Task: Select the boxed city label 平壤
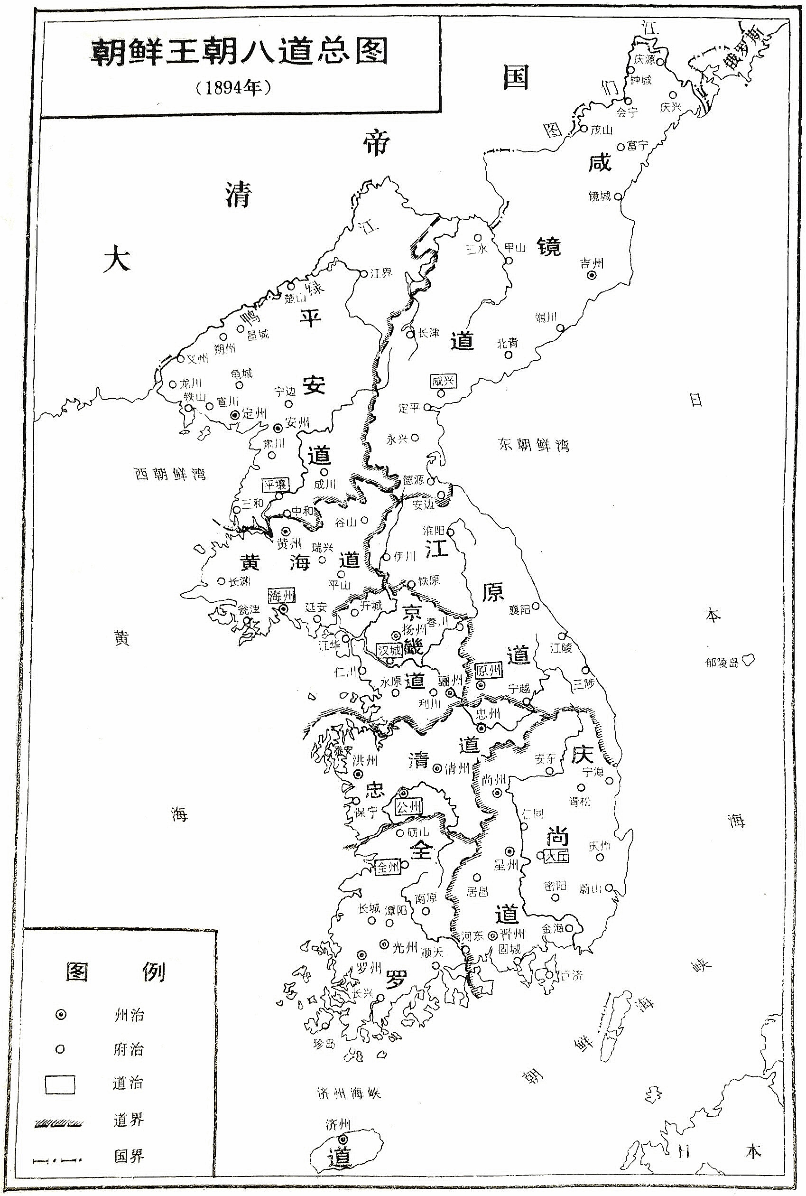pos(276,485)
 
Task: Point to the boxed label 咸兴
pos(443,382)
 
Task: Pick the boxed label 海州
pos(282,596)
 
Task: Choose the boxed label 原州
pos(487,671)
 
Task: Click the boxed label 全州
pos(388,867)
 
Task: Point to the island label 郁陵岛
pos(722,662)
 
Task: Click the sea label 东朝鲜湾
pos(534,444)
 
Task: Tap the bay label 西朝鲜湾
pos(170,474)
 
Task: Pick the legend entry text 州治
pos(129,1015)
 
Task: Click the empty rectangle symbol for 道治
pos(60,1084)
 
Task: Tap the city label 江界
pos(381,273)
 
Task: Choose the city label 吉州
pos(592,264)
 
